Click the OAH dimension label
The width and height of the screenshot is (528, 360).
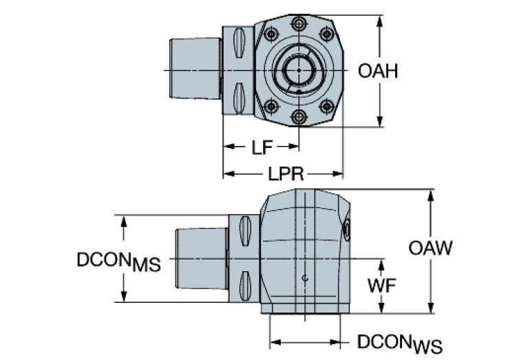(378, 71)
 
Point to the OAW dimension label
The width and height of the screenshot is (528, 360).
(430, 248)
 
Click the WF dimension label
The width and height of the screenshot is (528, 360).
(381, 285)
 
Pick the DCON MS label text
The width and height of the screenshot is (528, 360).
(118, 262)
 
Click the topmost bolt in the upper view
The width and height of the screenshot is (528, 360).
(298, 25)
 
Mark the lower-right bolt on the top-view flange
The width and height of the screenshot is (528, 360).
(327, 106)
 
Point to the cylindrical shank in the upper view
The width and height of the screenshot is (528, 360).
(195, 71)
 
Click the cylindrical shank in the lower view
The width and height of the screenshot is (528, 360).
(202, 259)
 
